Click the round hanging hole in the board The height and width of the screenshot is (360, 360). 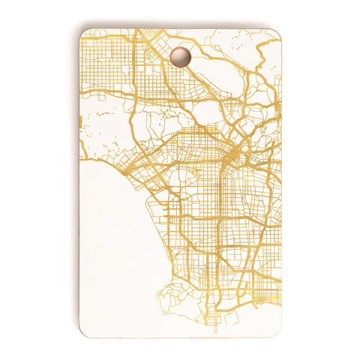[x=180, y=56]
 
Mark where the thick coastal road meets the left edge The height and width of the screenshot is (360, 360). [x=80, y=160]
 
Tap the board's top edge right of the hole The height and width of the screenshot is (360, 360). [x=232, y=29]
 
